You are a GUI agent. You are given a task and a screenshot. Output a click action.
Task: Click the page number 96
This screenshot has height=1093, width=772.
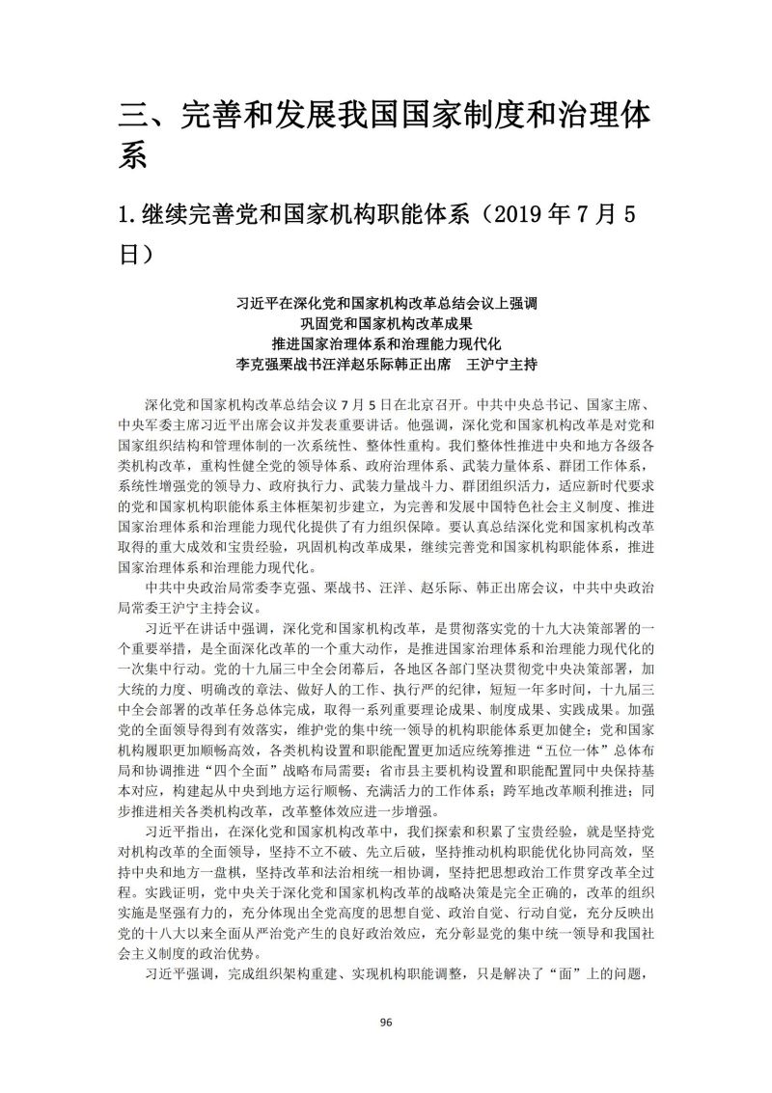point(386,1023)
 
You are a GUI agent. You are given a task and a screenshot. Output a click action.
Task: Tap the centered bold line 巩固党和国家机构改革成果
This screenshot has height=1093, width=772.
point(386,323)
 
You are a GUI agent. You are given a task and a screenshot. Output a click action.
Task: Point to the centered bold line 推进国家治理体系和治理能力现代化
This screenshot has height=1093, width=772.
point(386,344)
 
